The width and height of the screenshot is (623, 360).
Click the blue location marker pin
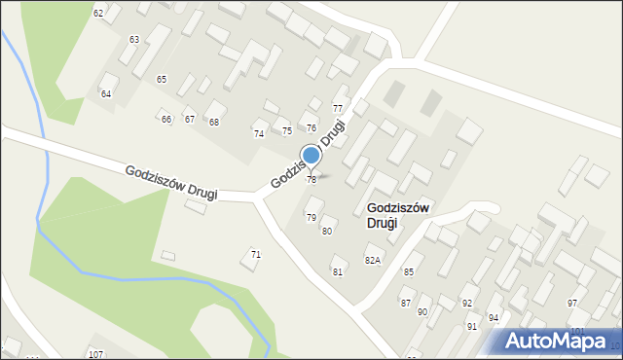pyautogui.click(x=311, y=156)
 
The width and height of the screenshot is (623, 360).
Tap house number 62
pyautogui.click(x=98, y=13)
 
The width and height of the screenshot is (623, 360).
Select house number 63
pyautogui.click(x=133, y=39)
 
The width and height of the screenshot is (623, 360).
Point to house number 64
pyautogui.click(x=106, y=93)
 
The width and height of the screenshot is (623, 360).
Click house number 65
pyautogui.click(x=162, y=79)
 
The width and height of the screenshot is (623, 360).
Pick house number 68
pyautogui.click(x=214, y=122)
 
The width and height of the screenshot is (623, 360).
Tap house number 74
pyautogui.click(x=259, y=133)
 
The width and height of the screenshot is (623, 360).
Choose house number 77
pyautogui.click(x=338, y=108)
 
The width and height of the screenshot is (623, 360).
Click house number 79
pyautogui.click(x=311, y=217)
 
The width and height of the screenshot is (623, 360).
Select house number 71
pyautogui.click(x=256, y=254)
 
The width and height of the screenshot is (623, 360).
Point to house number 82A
pyautogui.click(x=372, y=261)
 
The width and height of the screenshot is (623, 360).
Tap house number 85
pyautogui.click(x=409, y=271)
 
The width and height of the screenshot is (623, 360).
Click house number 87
pyautogui.click(x=406, y=304)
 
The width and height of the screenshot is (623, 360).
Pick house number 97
pyautogui.click(x=572, y=304)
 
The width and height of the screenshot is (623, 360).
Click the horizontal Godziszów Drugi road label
pyautogui.click(x=170, y=182)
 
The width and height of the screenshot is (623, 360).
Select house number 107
pyautogui.click(x=94, y=353)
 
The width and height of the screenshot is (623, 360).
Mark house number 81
pyautogui.click(x=338, y=271)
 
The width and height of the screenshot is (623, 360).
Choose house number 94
pyautogui.click(x=494, y=318)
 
